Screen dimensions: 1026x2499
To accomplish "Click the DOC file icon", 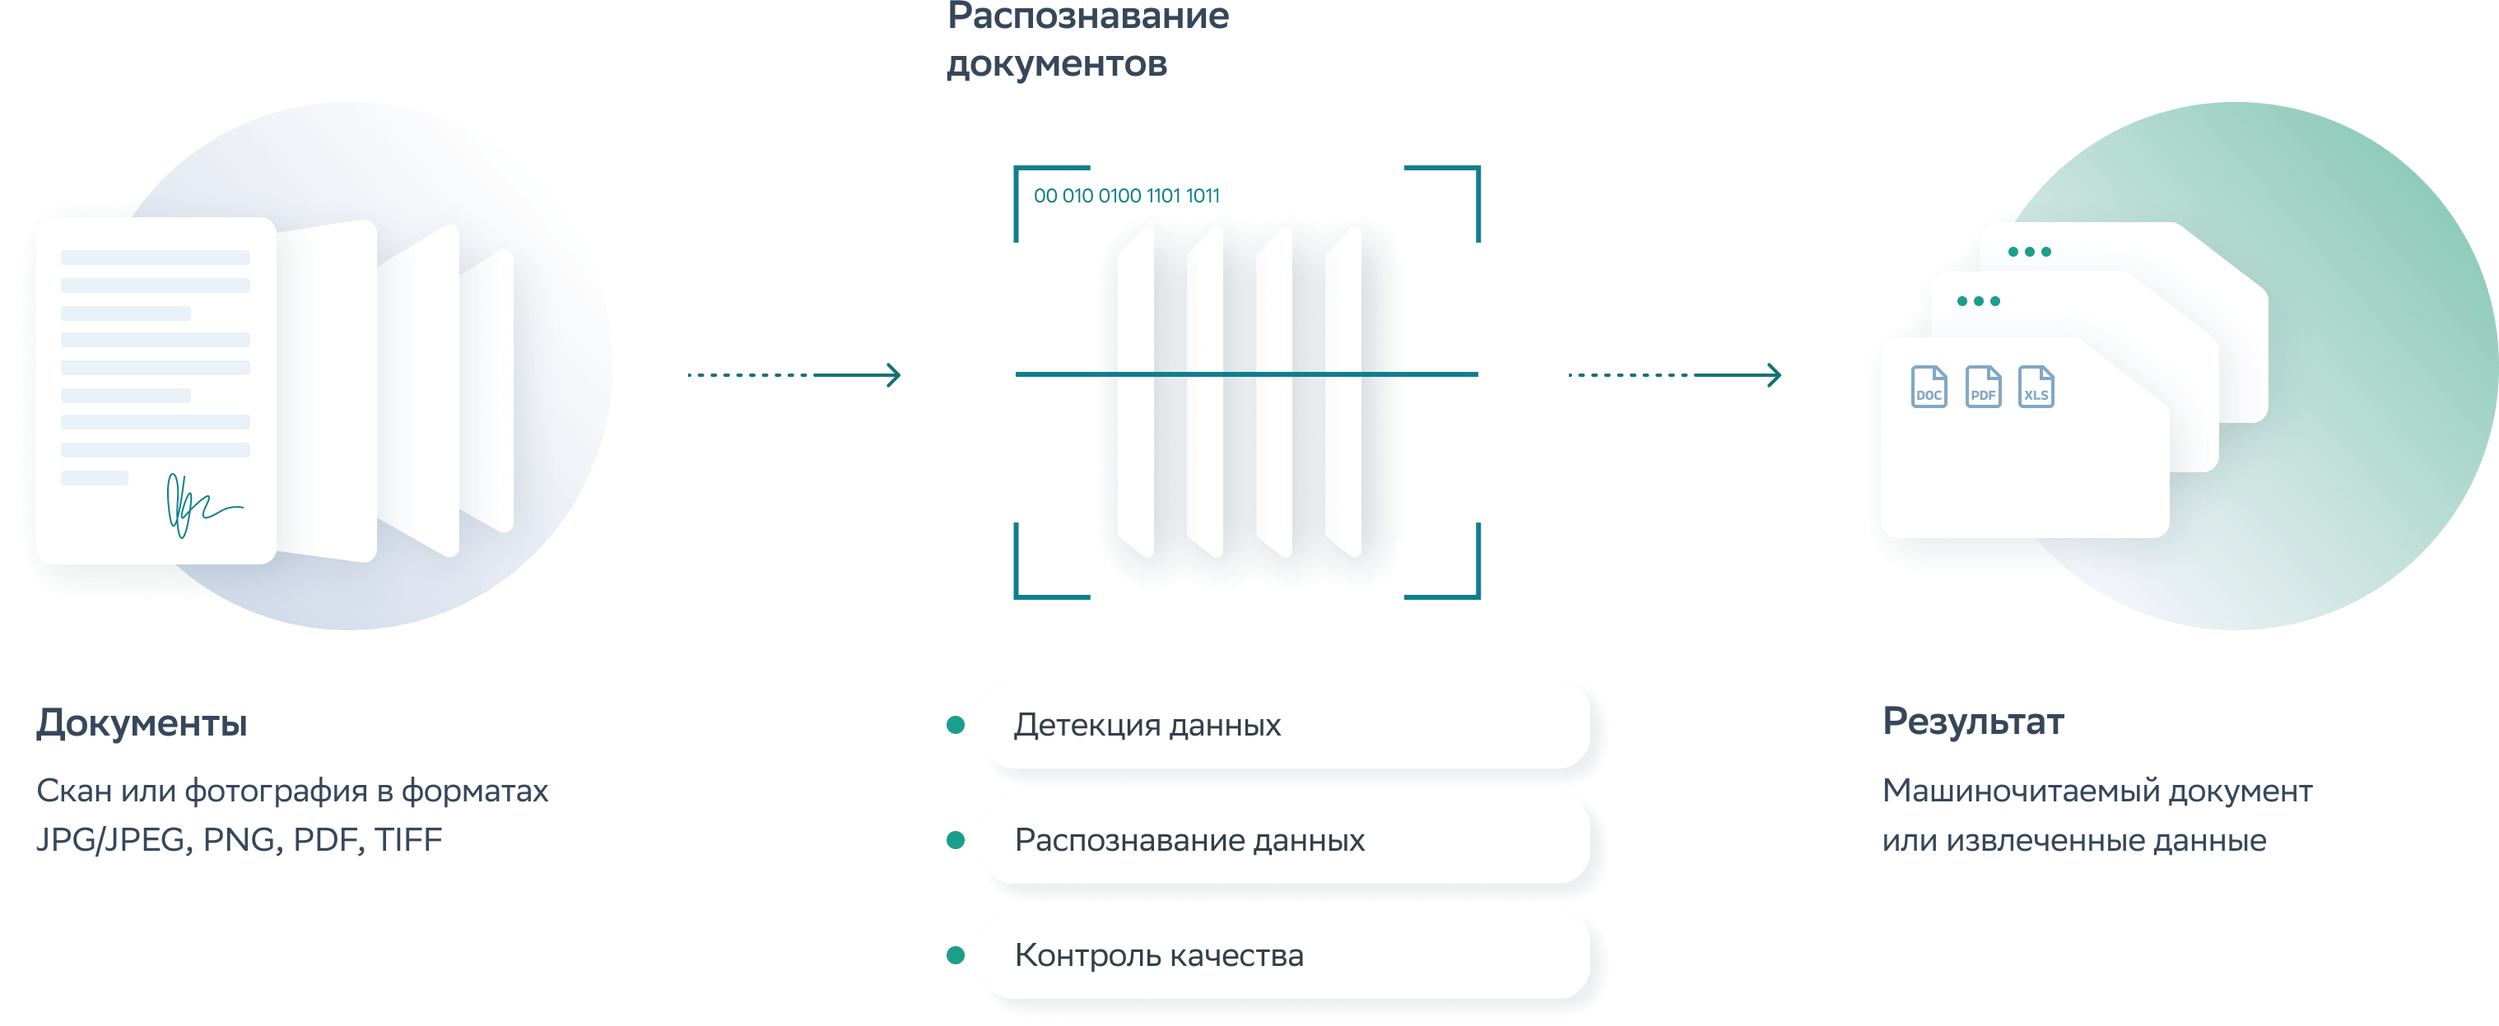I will coord(1929,387).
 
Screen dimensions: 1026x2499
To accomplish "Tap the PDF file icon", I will coord(1983,387).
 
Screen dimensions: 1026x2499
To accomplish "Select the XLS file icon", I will coord(2036,387).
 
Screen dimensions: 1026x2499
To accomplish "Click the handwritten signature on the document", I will coord(200,504).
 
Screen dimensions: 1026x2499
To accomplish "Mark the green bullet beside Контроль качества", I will coord(956,955).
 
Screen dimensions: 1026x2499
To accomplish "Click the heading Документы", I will coord(142,723).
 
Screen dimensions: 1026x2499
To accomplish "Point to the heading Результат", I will coord(1972,722).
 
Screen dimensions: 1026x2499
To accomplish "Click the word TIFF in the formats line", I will coord(408,840).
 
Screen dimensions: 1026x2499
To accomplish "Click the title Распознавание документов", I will coord(1087,39).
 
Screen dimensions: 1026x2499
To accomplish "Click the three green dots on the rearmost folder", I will coord(2030,252).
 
